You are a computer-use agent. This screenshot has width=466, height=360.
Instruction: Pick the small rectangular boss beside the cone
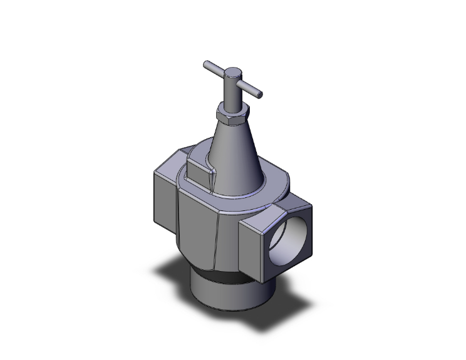[200, 172]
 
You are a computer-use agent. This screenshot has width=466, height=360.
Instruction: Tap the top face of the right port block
[276, 209]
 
